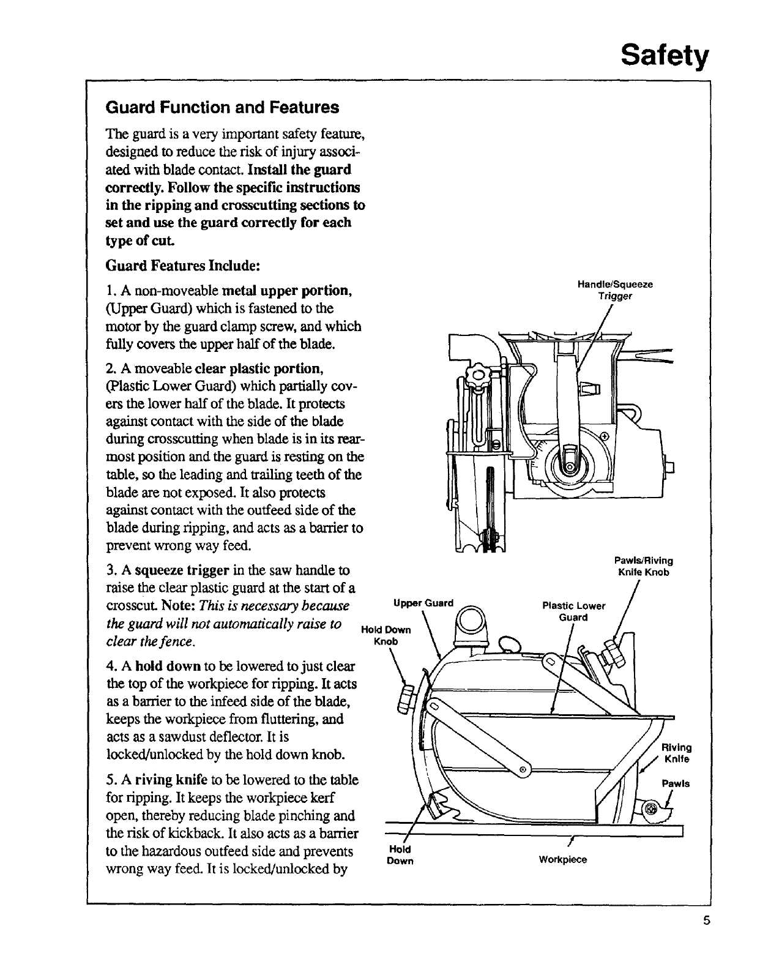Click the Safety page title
coord(665,56)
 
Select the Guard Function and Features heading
coord(222,108)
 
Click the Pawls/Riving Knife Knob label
coord(643,566)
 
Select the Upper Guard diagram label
coord(423,603)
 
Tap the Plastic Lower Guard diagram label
coord(573,611)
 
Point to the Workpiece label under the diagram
coord(562,860)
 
